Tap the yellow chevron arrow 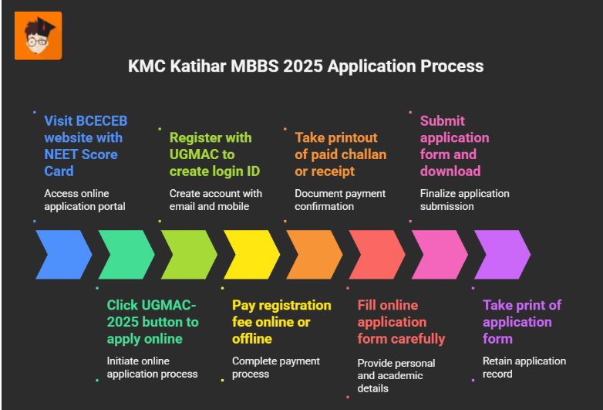[251, 255]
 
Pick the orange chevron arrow [315, 255]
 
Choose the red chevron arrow [377, 255]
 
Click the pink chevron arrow [440, 255]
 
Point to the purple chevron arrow [502, 255]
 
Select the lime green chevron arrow [189, 255]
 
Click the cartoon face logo [38, 36]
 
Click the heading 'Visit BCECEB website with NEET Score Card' [85, 145]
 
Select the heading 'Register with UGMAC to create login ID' [210, 154]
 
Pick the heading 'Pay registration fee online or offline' [281, 321]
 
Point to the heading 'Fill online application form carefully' [400, 321]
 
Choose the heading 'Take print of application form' [521, 321]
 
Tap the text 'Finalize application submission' [464, 199]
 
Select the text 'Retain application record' [524, 367]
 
